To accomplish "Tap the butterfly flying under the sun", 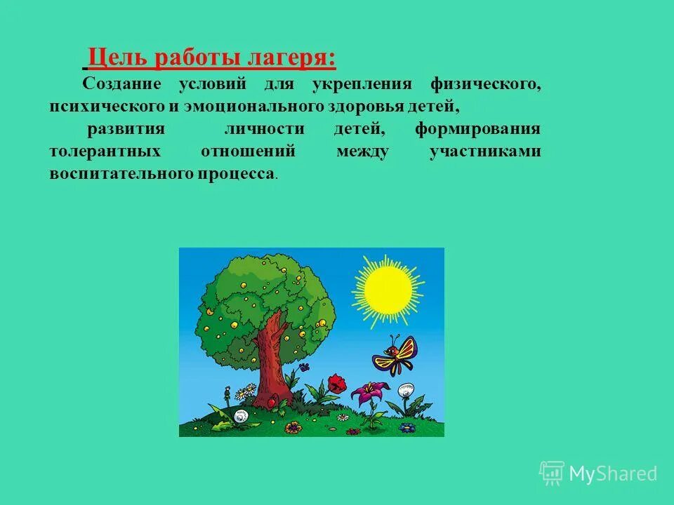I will [x=395, y=355].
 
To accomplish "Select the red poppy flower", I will [x=338, y=383].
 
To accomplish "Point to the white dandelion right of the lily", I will [x=406, y=391].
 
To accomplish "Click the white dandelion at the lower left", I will [x=241, y=417].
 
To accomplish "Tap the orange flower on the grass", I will [x=293, y=426].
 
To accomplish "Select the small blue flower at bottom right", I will [x=407, y=426].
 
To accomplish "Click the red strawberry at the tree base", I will [x=279, y=405].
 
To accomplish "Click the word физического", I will [x=486, y=84].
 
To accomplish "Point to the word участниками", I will [x=485, y=151].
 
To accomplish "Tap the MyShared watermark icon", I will [x=552, y=473].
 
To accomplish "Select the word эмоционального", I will [x=258, y=107].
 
